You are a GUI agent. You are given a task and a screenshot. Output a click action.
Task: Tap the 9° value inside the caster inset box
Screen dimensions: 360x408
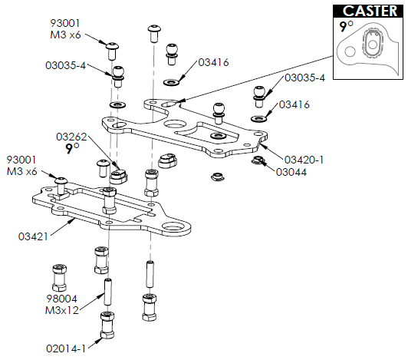click(347, 27)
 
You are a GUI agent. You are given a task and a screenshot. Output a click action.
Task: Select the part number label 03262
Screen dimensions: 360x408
click(71, 136)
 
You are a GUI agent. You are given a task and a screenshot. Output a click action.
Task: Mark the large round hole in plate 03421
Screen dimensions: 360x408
click(182, 228)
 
